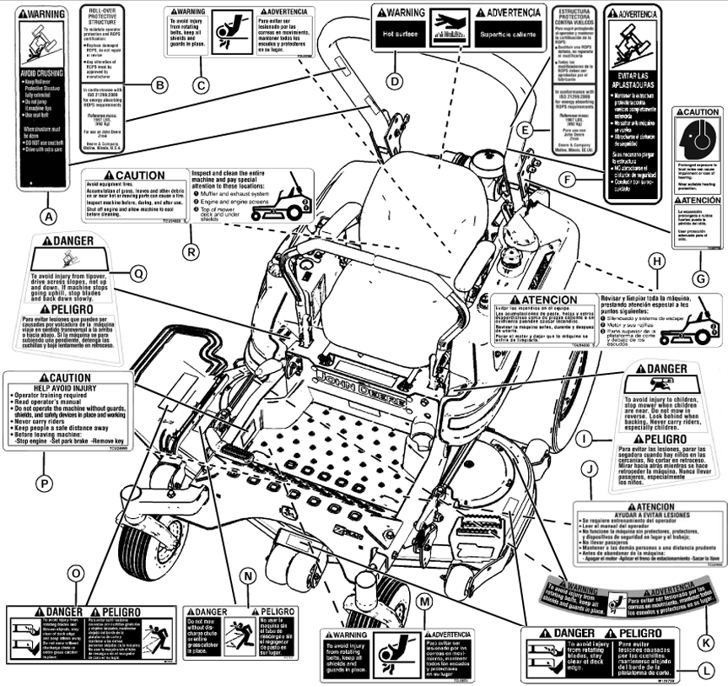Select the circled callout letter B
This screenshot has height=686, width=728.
click(x=157, y=83)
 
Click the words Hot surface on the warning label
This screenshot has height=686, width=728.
click(x=398, y=38)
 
